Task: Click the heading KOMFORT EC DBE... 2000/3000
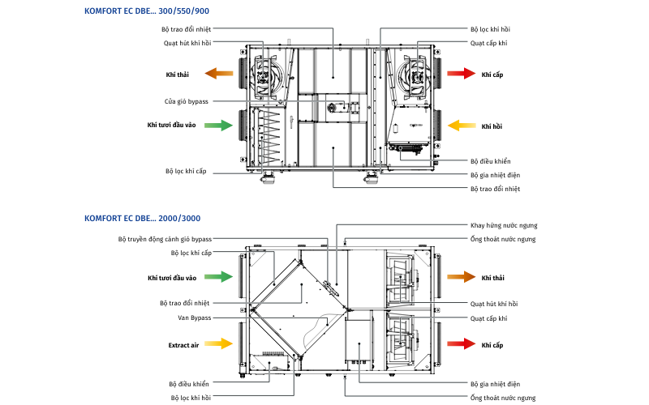(x=142, y=218)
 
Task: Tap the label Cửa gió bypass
(x=187, y=101)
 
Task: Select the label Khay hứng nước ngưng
(x=504, y=225)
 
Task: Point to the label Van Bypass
(x=194, y=318)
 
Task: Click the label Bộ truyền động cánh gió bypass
(x=165, y=239)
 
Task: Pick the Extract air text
(x=183, y=345)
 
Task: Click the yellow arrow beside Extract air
(x=219, y=344)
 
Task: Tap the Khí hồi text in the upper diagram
(x=492, y=126)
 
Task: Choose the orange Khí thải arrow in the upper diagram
(x=219, y=74)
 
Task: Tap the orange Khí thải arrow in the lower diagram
(x=462, y=277)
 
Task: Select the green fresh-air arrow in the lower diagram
(x=219, y=277)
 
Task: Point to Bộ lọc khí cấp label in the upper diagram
(x=186, y=171)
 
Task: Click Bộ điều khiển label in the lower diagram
(x=189, y=383)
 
